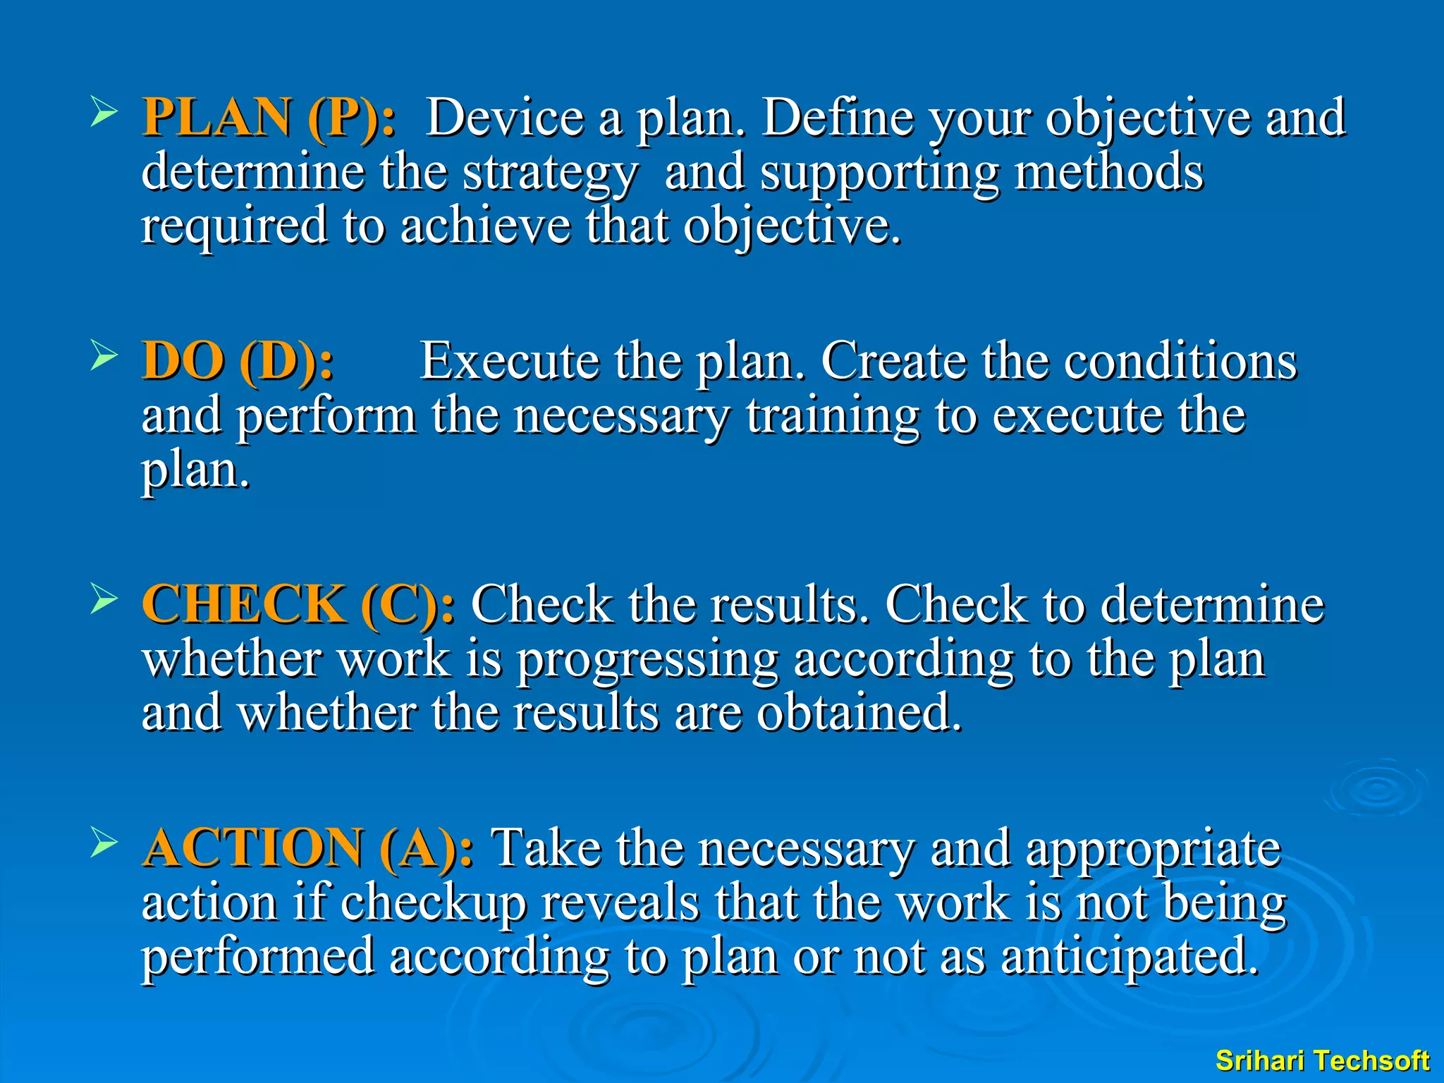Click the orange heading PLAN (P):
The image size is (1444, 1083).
coord(269,117)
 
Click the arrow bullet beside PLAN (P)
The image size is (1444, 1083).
coord(104,114)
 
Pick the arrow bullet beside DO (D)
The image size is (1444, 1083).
coord(104,357)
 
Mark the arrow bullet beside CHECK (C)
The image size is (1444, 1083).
coord(104,601)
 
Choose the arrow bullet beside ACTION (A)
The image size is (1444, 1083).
coord(104,844)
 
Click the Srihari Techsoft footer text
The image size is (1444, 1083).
coord(1322,1060)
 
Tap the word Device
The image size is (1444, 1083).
coord(505,117)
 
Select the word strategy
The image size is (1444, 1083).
coord(550,173)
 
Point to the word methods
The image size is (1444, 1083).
coord(1108,172)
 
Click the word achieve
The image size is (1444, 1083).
coord(485,226)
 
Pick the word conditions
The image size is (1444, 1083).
coord(1180,361)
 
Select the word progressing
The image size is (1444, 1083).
coord(647,661)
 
